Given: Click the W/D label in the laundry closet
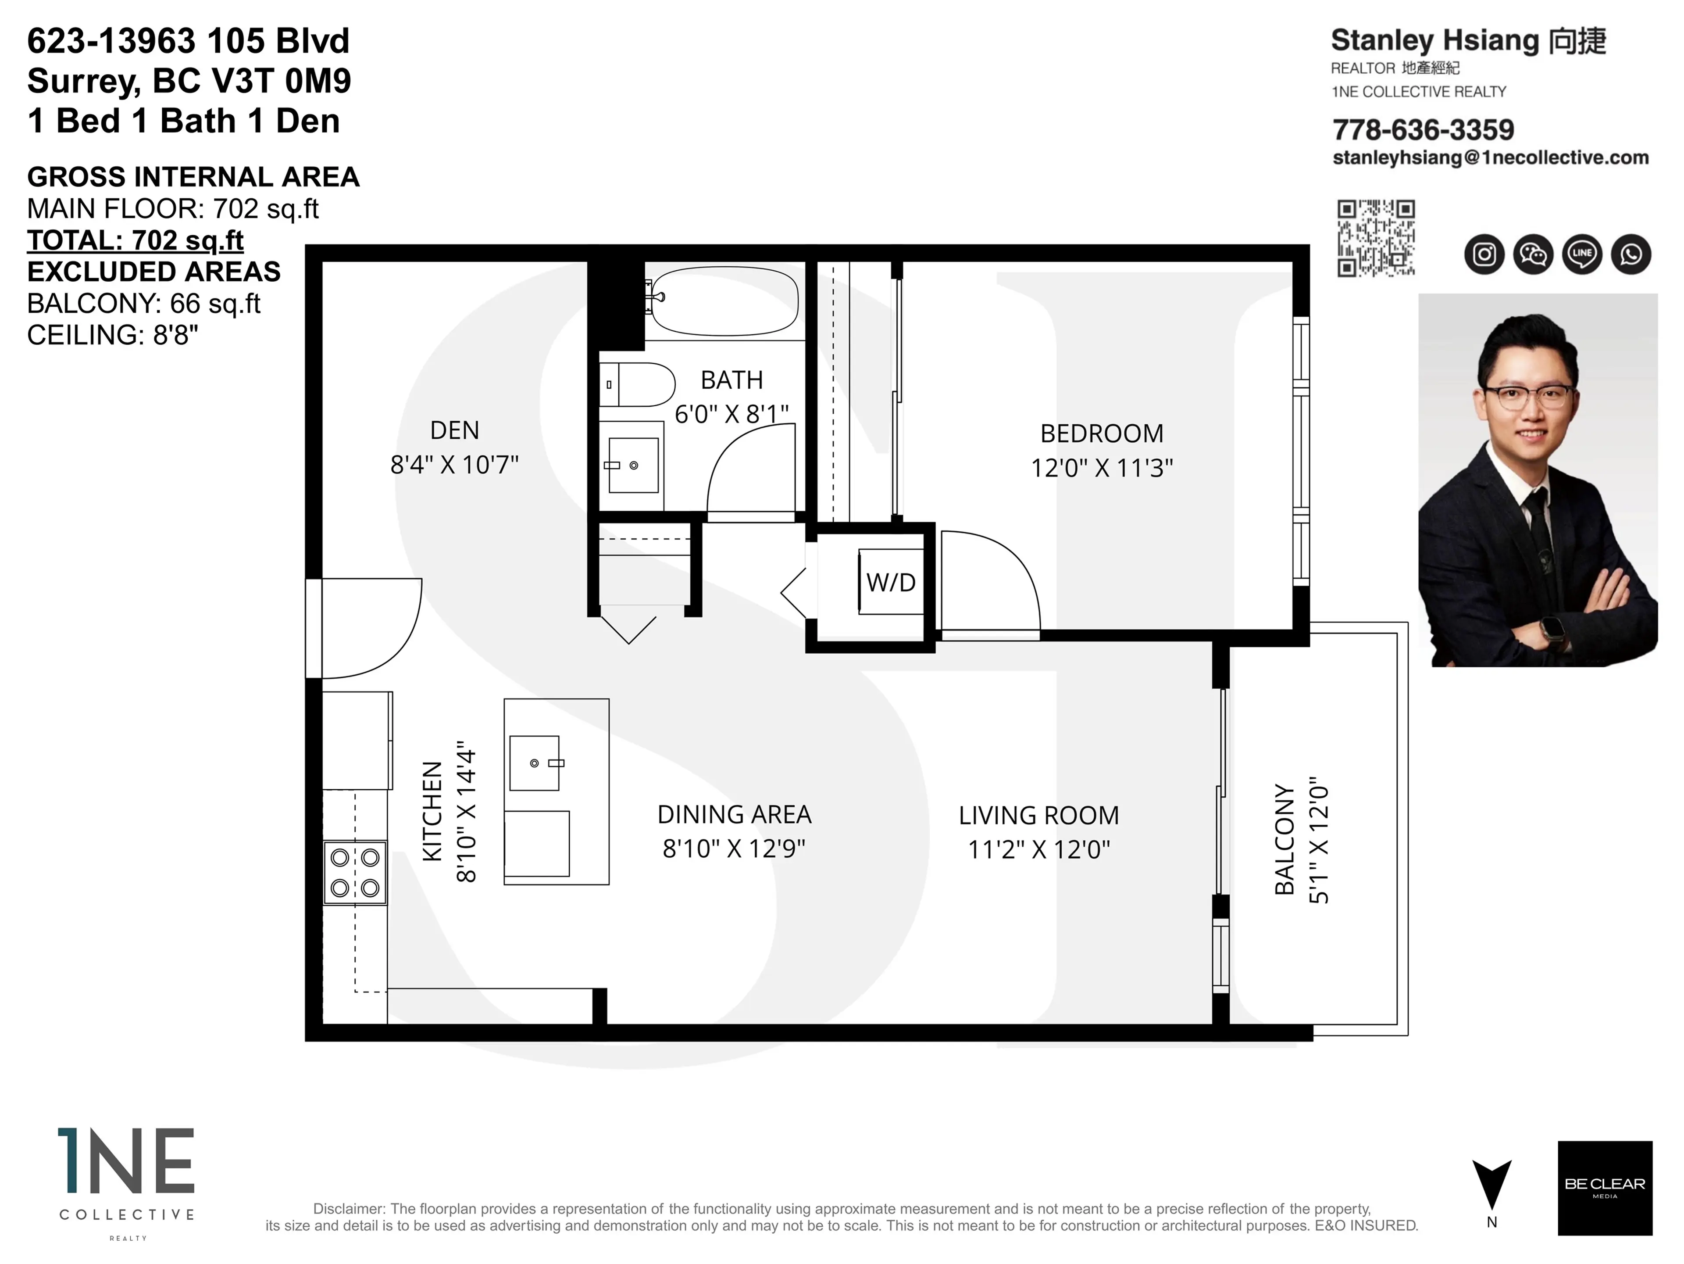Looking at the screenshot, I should (891, 583).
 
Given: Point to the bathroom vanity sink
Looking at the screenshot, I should (633, 465).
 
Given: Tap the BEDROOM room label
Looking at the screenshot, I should (1102, 433).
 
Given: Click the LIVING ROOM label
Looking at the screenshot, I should (1038, 816).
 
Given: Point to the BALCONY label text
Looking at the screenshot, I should (1284, 839).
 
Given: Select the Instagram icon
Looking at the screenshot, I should (1484, 254).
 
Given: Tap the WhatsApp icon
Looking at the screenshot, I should (1630, 254).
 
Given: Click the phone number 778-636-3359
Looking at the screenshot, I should (1423, 130).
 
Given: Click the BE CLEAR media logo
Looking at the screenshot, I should (1605, 1188).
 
